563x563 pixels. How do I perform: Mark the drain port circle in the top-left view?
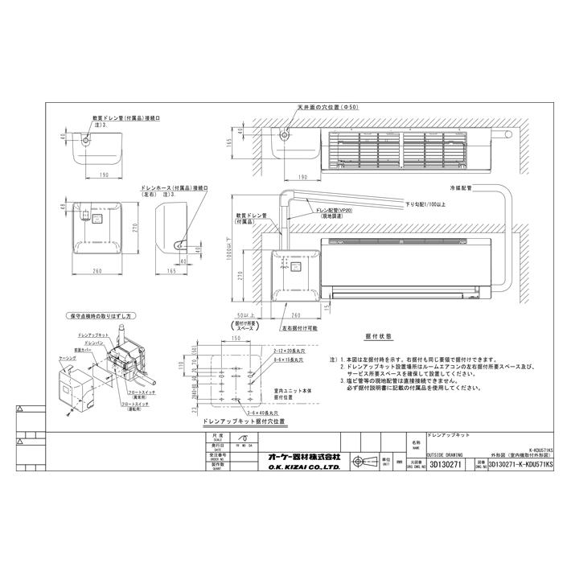(x=88, y=140)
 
